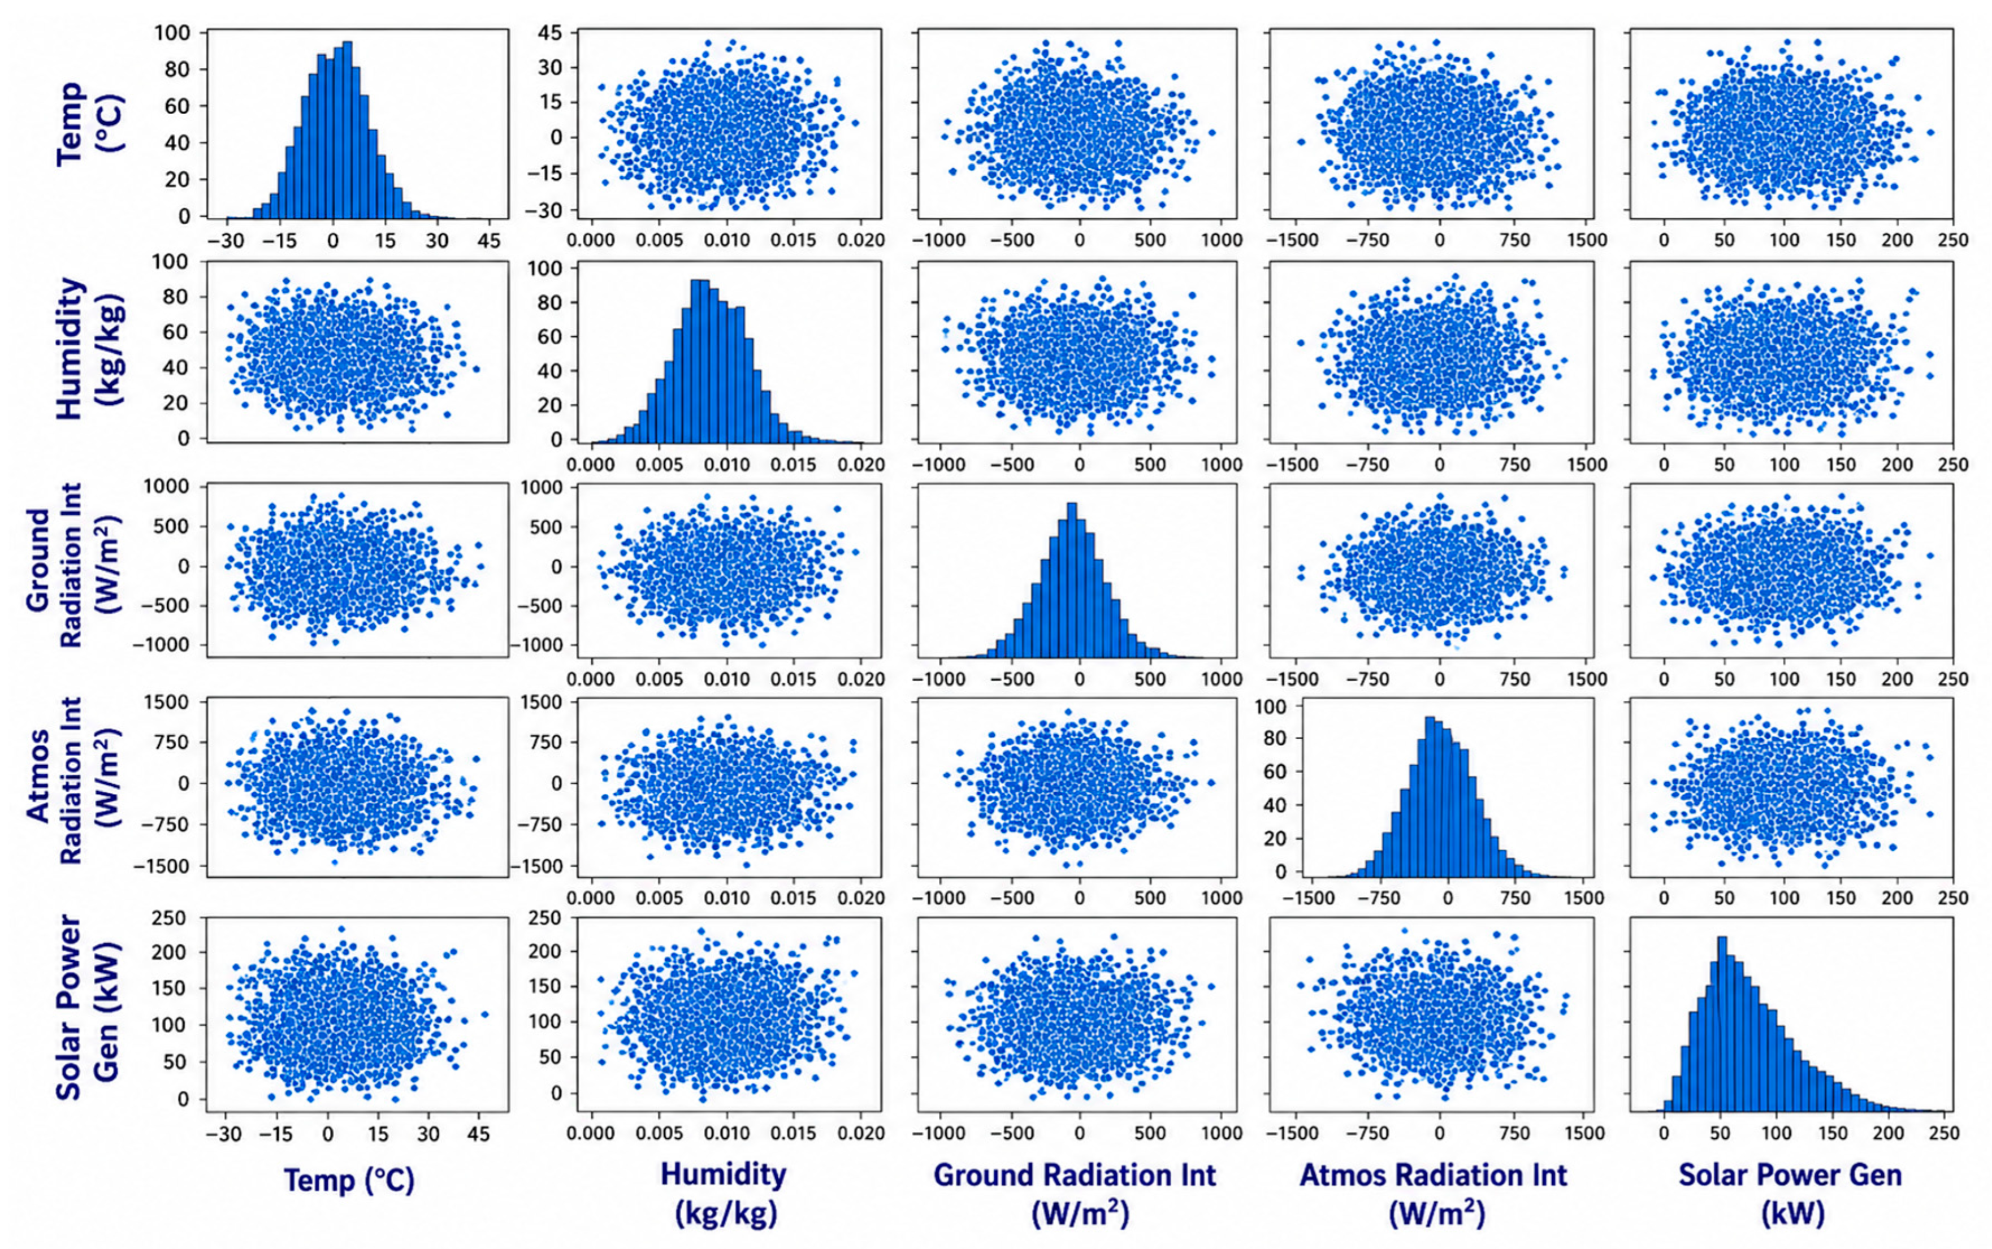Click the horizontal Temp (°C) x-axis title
(x=349, y=1179)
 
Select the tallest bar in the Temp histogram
(x=347, y=129)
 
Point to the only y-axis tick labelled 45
(x=549, y=32)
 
